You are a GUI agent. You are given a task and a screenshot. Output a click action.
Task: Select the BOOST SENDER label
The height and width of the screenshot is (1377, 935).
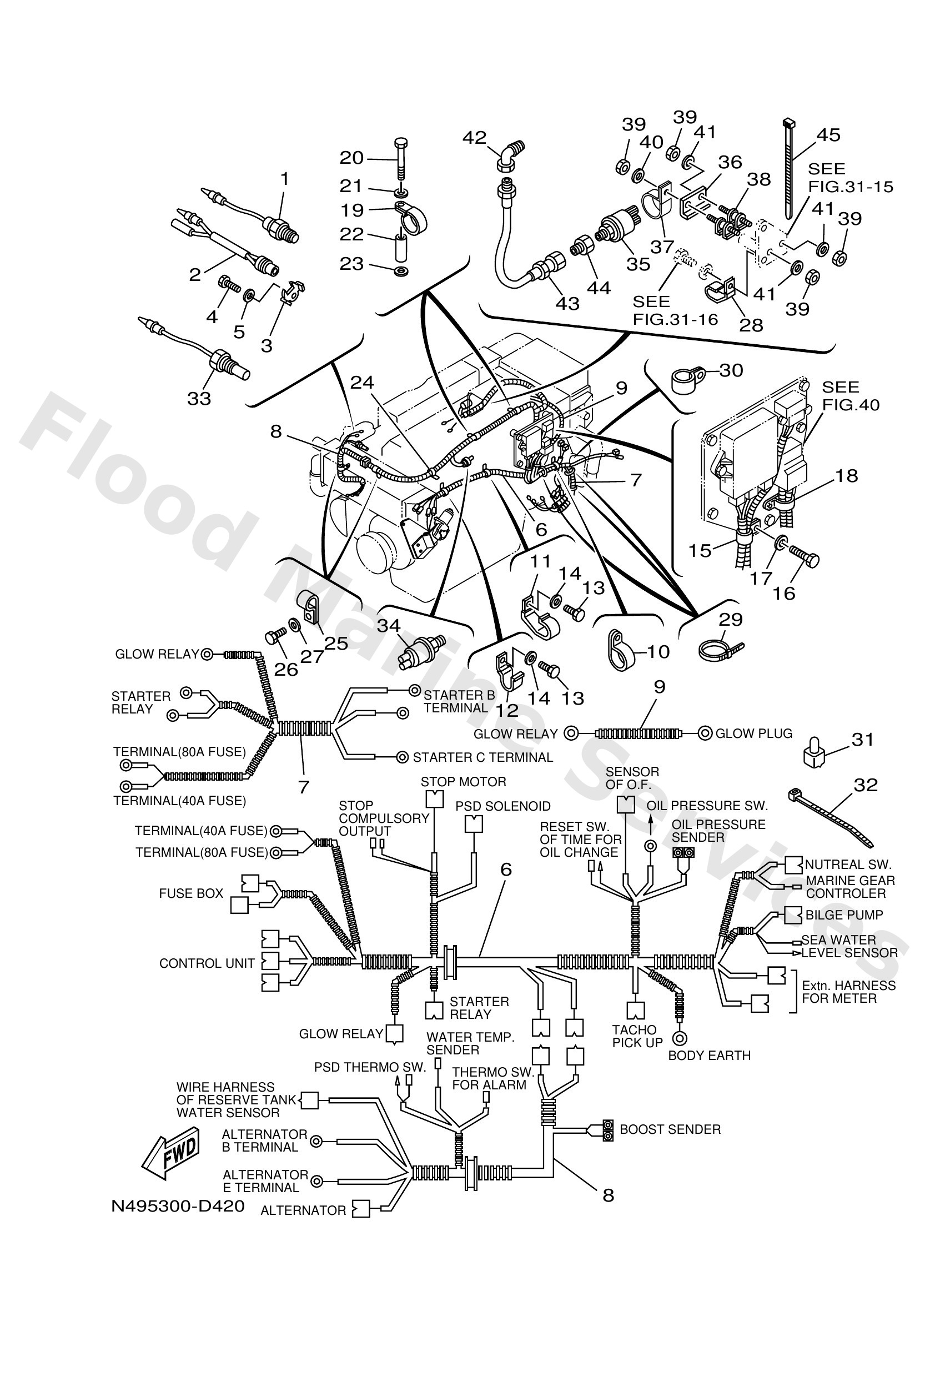(670, 1129)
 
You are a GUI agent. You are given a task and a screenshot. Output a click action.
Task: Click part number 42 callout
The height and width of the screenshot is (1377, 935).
(474, 138)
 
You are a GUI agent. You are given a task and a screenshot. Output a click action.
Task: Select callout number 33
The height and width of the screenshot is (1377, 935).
(199, 398)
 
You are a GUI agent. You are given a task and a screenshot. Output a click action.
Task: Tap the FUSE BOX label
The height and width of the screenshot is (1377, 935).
(191, 893)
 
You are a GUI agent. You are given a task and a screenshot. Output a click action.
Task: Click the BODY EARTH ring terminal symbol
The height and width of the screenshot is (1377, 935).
(680, 1038)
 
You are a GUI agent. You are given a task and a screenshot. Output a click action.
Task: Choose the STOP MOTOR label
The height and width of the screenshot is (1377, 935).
(464, 782)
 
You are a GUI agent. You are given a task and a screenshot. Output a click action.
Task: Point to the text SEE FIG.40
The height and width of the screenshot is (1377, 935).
(850, 396)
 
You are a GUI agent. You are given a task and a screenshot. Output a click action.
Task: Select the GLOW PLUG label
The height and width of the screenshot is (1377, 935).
(753, 733)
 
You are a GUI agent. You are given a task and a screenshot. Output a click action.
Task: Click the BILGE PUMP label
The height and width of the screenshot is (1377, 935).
(844, 915)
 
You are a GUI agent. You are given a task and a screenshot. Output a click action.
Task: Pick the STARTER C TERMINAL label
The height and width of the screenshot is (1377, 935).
(482, 757)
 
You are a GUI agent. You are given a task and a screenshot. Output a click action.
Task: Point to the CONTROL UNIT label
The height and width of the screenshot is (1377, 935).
(207, 963)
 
